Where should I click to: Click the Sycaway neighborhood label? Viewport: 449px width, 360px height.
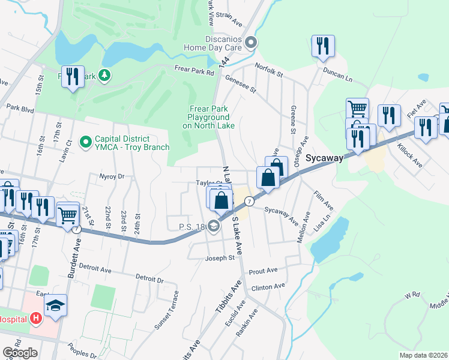tap(324, 158)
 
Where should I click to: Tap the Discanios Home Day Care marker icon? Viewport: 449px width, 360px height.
tap(252, 42)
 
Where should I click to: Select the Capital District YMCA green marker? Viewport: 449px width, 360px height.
tap(86, 142)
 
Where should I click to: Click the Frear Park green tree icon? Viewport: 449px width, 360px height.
tap(105, 75)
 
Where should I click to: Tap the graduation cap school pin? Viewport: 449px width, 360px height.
tap(55, 305)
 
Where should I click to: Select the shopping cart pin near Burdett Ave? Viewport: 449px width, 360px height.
tap(68, 213)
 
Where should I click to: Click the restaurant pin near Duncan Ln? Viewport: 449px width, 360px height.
tap(323, 46)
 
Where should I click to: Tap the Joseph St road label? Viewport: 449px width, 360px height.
tap(219, 258)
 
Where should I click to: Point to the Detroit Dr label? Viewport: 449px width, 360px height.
tap(149, 279)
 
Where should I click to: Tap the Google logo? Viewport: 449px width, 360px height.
tap(20, 353)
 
